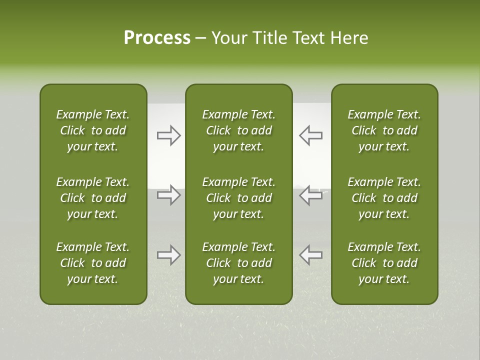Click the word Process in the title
click(x=157, y=38)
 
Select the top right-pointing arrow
click(x=168, y=135)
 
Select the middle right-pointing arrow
click(x=168, y=195)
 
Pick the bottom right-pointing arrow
click(x=168, y=255)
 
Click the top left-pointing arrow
click(x=310, y=135)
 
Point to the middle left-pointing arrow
click(x=310, y=195)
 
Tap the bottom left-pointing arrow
click(x=310, y=255)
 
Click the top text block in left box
click(x=93, y=130)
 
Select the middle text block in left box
click(x=93, y=198)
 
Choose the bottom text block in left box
click(x=93, y=263)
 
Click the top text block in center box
click(x=238, y=130)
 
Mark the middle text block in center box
click(x=238, y=198)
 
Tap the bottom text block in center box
click(x=238, y=263)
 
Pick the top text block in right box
click(x=384, y=130)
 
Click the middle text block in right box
click(x=384, y=198)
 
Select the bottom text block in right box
click(x=384, y=263)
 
